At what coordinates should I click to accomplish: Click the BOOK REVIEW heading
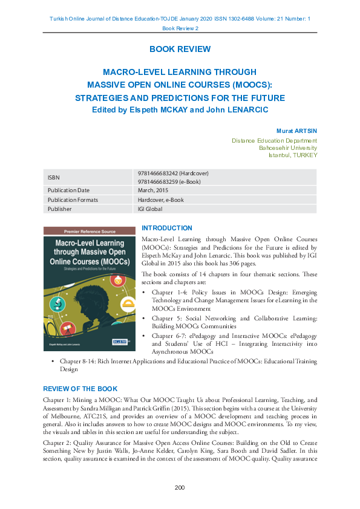180,49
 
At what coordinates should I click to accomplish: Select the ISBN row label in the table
54,177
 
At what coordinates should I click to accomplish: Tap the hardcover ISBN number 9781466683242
173,173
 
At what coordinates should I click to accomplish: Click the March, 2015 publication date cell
154,190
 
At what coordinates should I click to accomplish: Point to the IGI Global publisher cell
150,209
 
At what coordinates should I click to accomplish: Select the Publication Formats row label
73,200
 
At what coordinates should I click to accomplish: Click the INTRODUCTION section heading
166,229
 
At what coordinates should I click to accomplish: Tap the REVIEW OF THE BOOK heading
80,389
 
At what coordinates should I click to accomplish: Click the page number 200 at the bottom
180,487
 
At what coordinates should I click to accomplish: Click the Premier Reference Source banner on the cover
89,232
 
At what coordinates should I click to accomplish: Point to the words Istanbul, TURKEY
293,155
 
